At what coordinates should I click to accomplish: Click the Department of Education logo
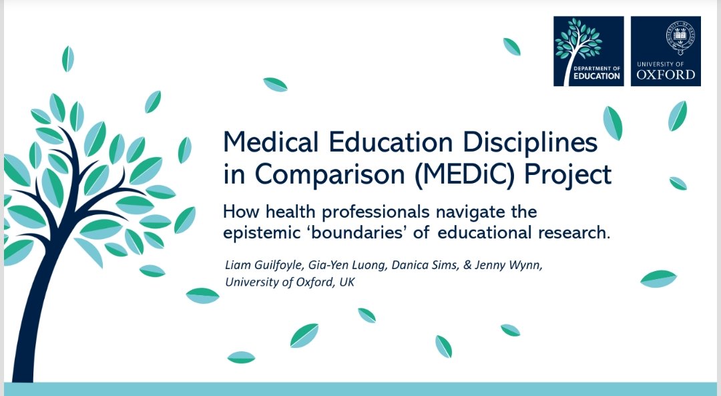point(588,51)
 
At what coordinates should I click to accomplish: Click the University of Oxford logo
point(665,51)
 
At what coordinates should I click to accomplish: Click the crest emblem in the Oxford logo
point(665,37)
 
